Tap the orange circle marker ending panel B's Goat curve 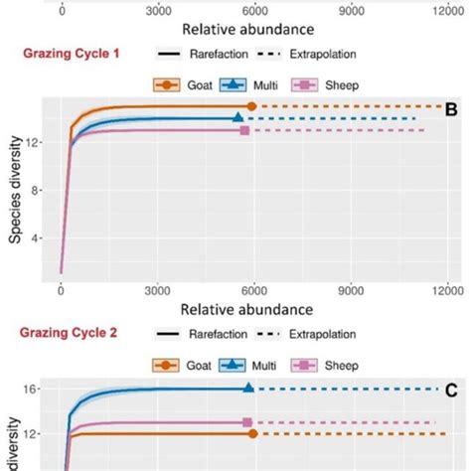tap(251, 106)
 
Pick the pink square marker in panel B tap(245, 130)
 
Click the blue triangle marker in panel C tap(249, 389)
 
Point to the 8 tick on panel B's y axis tap(38, 191)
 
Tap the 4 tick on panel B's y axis tap(38, 238)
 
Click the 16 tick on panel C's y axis tap(35, 389)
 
